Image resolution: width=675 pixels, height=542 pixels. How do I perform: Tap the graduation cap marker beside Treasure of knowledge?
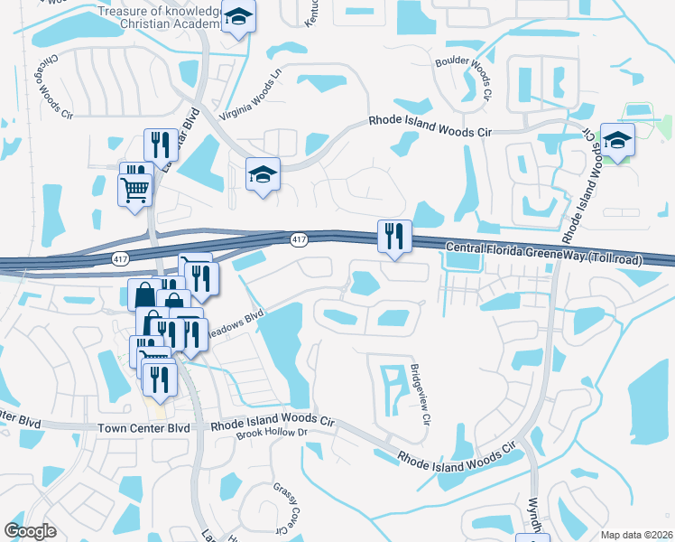(237, 18)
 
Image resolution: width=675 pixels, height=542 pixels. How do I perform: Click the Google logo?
(30, 531)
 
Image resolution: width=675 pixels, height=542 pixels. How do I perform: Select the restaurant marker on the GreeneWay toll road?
(394, 237)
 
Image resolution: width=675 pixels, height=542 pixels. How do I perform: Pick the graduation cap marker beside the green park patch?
(617, 140)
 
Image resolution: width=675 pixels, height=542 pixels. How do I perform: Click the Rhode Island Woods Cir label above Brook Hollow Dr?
(273, 422)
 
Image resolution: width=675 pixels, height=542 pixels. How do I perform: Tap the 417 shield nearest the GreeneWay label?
(299, 239)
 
